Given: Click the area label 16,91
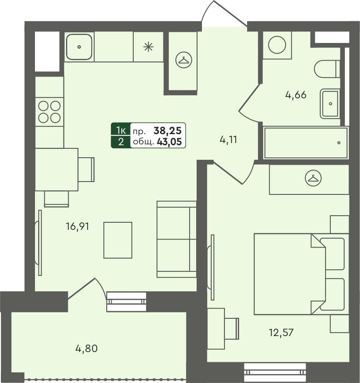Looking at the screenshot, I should pyautogui.click(x=77, y=227).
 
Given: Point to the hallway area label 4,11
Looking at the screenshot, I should pyautogui.click(x=229, y=140).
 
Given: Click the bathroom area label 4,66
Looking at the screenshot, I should pyautogui.click(x=296, y=94).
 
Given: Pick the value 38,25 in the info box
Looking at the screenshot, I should pyautogui.click(x=168, y=131).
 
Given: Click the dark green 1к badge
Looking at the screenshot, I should pyautogui.click(x=120, y=130).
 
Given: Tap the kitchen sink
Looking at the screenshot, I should pyautogui.click(x=79, y=46).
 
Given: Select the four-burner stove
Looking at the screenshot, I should pyautogui.click(x=49, y=112).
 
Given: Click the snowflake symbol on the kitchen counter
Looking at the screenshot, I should pyautogui.click(x=148, y=46).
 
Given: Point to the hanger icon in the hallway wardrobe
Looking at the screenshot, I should pyautogui.click(x=183, y=60).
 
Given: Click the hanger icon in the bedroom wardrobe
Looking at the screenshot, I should pyautogui.click(x=313, y=178).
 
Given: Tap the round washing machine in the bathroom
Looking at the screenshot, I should pyautogui.click(x=277, y=45).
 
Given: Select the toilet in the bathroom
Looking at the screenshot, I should pyautogui.click(x=326, y=69).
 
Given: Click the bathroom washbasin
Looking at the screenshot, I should pyautogui.click(x=330, y=104).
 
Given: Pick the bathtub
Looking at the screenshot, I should pyautogui.click(x=306, y=143).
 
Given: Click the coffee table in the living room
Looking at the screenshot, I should pyautogui.click(x=118, y=240).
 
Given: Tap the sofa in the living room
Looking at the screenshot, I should pyautogui.click(x=177, y=239).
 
